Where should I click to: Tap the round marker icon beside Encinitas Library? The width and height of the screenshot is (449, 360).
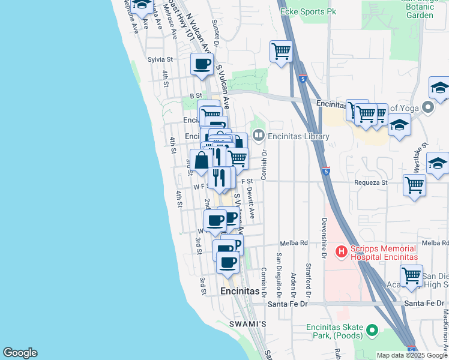click(259, 136)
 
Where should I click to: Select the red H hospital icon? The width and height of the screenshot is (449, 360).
click(341, 251)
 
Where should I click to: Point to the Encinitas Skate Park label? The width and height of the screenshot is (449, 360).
click(334, 331)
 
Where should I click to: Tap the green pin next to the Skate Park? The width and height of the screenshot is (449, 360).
click(372, 329)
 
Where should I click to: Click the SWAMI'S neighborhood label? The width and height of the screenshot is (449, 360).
click(247, 324)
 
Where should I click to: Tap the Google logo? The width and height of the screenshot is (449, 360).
click(20, 353)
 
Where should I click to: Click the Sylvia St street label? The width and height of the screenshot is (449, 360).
click(160, 60)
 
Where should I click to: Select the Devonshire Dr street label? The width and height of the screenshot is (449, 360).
click(324, 238)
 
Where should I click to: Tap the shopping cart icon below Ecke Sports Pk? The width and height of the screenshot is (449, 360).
click(281, 52)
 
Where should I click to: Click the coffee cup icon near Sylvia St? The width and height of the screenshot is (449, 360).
click(202, 64)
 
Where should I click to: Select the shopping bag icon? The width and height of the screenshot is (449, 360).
click(201, 160)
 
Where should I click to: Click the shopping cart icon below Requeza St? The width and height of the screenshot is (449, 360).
click(414, 185)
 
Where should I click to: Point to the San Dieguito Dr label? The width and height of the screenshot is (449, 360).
click(279, 275)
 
